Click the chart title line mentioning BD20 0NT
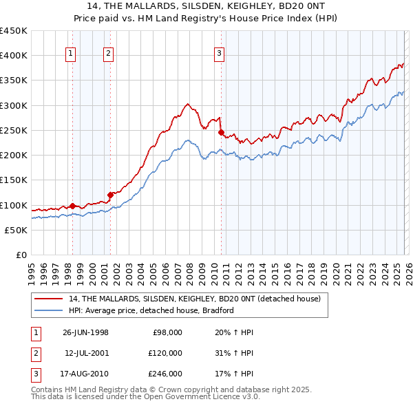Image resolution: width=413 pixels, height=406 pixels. point(206,6)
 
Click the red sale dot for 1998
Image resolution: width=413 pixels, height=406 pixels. point(73,205)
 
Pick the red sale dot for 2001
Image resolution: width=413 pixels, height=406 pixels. point(110,194)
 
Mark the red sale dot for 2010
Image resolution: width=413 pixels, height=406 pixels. point(221,132)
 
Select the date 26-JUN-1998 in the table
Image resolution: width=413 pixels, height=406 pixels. point(85,332)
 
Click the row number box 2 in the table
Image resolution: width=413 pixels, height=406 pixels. point(34,353)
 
